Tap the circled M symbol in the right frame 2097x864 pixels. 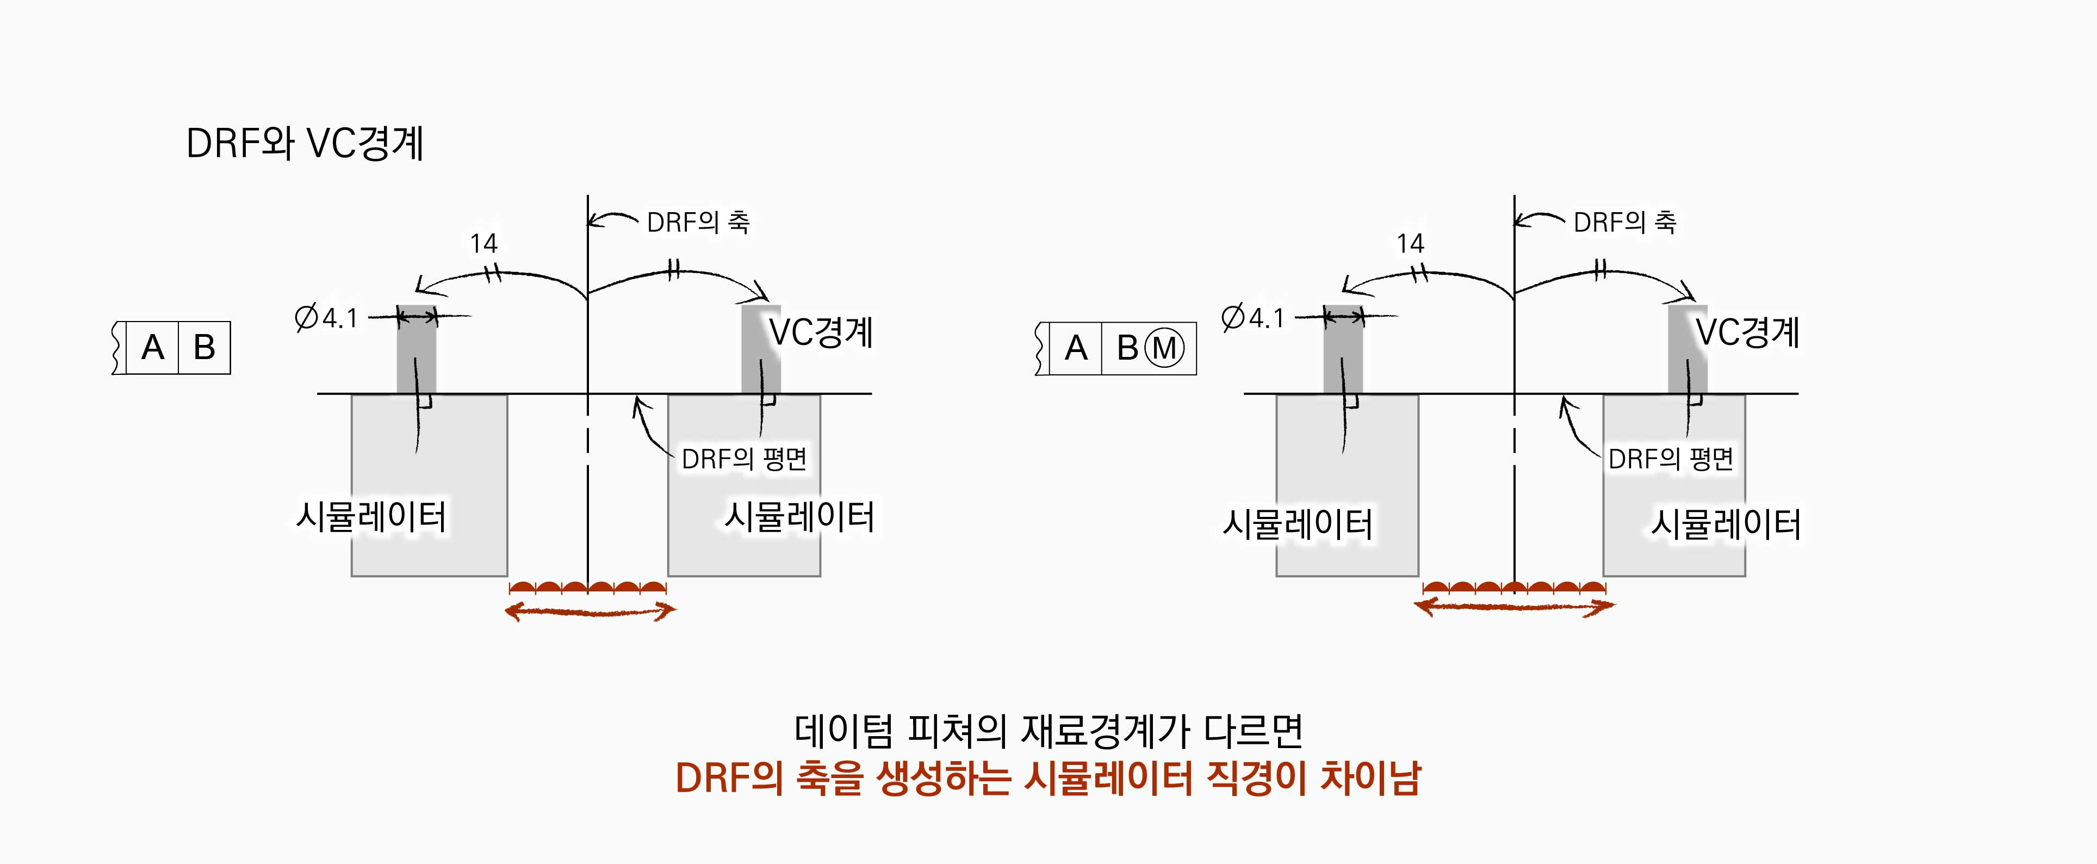1164,349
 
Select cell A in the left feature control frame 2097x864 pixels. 153,348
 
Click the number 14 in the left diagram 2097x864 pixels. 483,243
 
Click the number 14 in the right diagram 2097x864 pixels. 1410,243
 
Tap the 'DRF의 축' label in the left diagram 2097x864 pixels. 698,221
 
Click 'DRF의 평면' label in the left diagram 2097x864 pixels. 743,459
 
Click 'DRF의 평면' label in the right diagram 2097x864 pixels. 1671,459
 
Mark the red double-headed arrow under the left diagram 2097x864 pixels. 590,610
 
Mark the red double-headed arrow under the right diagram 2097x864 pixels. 1514,606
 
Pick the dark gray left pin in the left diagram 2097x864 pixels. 416,350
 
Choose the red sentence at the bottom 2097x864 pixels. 1048,777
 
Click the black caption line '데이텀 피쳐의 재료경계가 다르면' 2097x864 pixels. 1048,731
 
